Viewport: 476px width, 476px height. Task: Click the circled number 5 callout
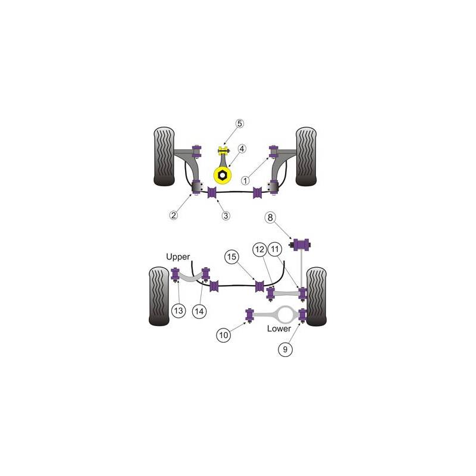pyautogui.click(x=240, y=124)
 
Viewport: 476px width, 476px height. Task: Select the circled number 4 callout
pyautogui.click(x=242, y=149)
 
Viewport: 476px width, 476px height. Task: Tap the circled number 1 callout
pyautogui.click(x=245, y=181)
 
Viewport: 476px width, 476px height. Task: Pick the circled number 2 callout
pyautogui.click(x=173, y=215)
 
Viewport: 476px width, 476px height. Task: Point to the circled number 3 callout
pyautogui.click(x=226, y=216)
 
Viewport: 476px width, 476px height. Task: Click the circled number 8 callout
pyautogui.click(x=270, y=217)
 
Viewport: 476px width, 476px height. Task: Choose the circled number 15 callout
pyautogui.click(x=231, y=257)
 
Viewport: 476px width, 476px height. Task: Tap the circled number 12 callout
pyautogui.click(x=259, y=249)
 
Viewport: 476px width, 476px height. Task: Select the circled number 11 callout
pyautogui.click(x=275, y=249)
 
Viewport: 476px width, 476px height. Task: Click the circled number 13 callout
pyautogui.click(x=178, y=311)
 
